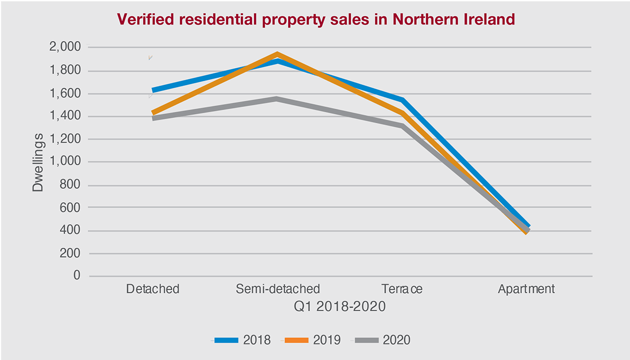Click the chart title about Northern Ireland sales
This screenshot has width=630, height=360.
tap(316, 20)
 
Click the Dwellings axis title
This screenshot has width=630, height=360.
tap(38, 162)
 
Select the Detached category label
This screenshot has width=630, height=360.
tap(153, 289)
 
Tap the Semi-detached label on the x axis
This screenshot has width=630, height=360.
tap(278, 289)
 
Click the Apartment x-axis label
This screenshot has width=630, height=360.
tap(527, 289)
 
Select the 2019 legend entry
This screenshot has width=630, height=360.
tap(313, 340)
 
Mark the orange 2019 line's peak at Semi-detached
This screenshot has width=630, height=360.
tap(277, 55)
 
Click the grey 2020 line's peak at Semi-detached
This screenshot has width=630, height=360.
tap(277, 99)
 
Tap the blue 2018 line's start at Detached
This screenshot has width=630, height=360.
tap(153, 91)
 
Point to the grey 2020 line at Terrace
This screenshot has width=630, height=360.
tap(402, 126)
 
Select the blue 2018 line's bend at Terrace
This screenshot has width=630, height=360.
tap(402, 100)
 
